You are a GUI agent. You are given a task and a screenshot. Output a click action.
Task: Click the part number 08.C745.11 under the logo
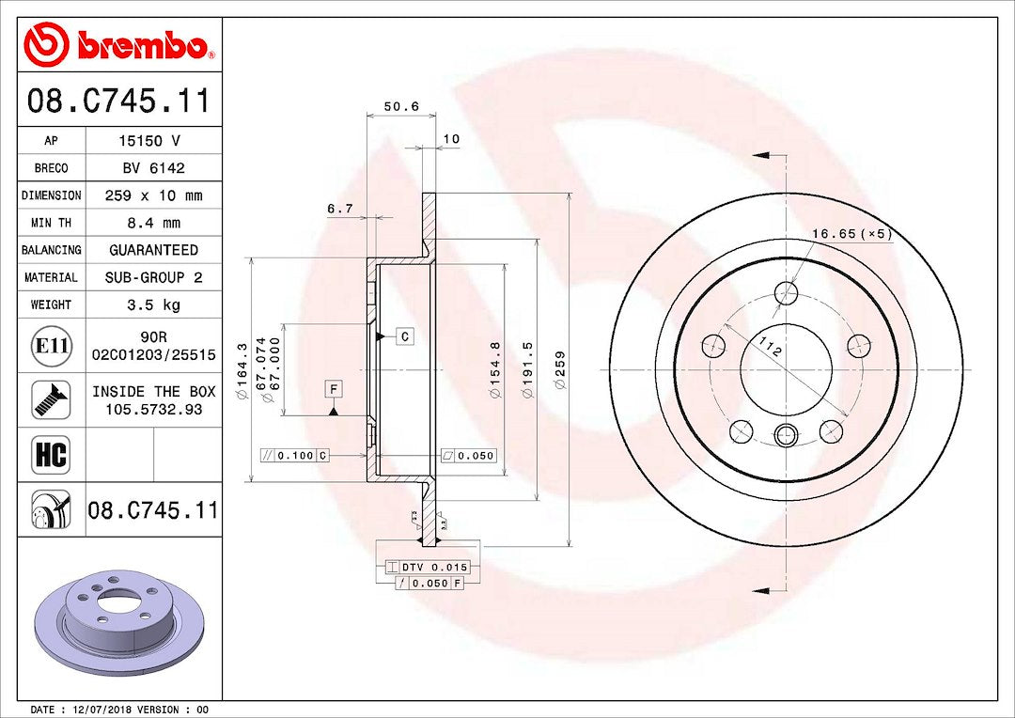pos(119,101)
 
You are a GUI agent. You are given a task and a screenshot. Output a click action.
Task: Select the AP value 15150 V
pos(153,140)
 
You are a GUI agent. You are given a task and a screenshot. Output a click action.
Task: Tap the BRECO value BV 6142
pos(153,168)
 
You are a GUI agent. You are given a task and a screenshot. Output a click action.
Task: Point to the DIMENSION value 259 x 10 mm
pos(153,195)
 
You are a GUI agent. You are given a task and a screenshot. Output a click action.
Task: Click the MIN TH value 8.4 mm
pos(153,223)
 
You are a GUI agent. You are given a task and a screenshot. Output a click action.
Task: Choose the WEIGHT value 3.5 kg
pos(153,304)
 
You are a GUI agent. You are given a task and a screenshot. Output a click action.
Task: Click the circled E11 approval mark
pos(51,345)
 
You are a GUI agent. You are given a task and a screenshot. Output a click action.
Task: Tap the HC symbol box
pos(51,455)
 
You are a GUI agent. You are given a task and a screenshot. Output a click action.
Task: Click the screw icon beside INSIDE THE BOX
pos(51,399)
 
